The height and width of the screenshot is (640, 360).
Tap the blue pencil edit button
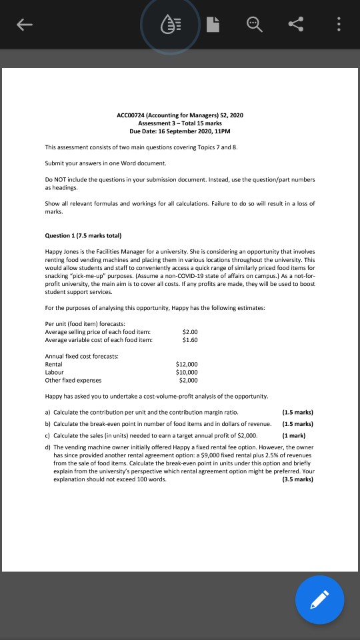[320, 599]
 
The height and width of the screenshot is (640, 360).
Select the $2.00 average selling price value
[190, 331]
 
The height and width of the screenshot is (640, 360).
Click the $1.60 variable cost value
[190, 339]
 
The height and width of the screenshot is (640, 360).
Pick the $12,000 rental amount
[186, 365]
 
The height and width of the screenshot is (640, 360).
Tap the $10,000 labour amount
[186, 372]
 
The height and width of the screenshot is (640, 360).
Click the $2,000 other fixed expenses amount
[188, 380]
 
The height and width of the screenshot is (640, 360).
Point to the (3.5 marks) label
[297, 479]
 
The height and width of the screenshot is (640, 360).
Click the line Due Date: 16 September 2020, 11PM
[180, 131]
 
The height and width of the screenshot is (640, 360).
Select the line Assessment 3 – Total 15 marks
[180, 123]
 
